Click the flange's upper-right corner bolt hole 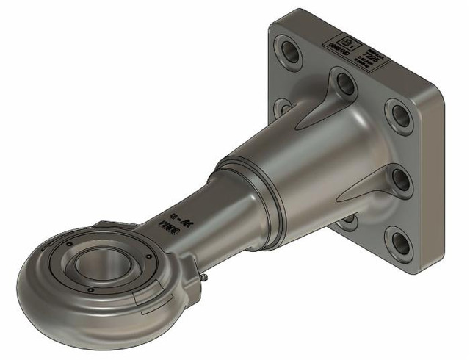tap(400, 115)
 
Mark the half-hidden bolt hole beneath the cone tap(350, 221)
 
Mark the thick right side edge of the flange tap(434, 184)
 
